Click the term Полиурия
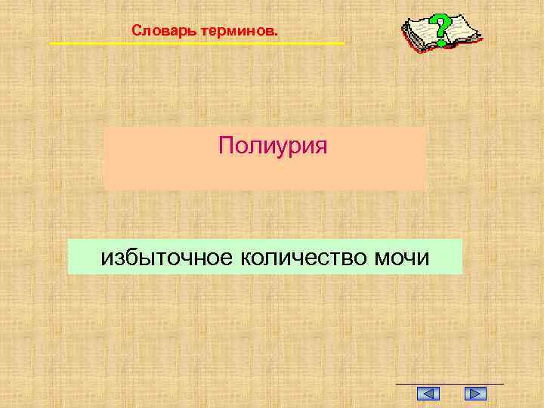click(273, 144)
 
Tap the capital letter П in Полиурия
click(225, 144)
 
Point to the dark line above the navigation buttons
click(450, 384)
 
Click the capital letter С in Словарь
click(135, 32)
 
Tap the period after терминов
click(276, 35)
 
